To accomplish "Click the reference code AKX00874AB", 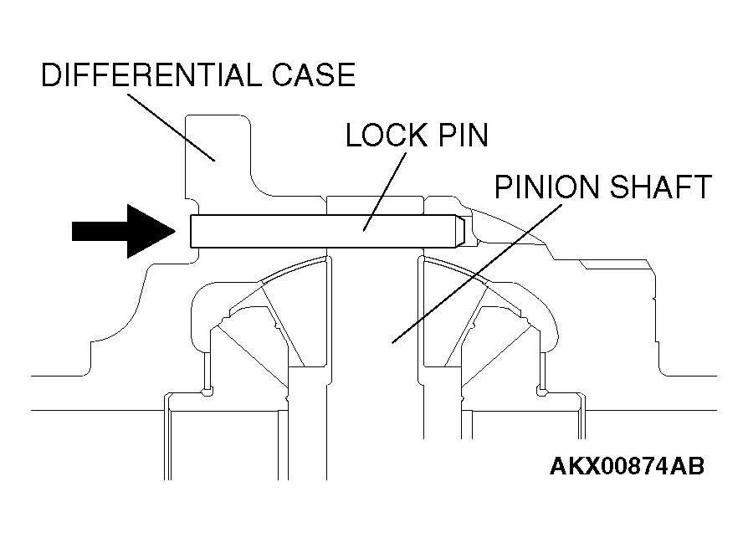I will [x=627, y=466].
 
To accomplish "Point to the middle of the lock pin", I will [x=326, y=231].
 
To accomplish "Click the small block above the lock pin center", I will [x=376, y=205].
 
